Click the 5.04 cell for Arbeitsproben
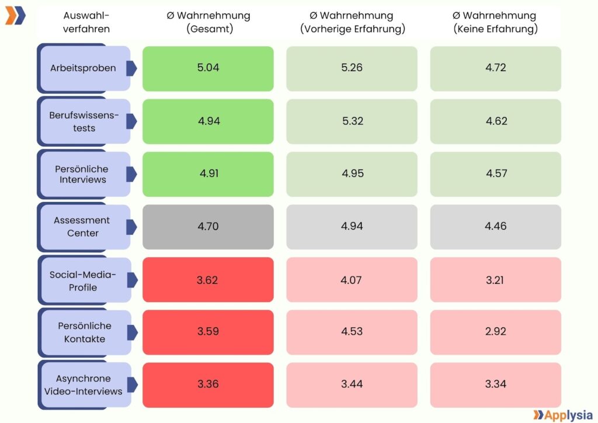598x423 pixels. click(208, 68)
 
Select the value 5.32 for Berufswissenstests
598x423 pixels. click(352, 121)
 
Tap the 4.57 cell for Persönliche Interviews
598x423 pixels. click(496, 174)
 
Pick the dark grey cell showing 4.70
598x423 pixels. click(208, 226)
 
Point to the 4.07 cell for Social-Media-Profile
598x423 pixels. click(352, 279)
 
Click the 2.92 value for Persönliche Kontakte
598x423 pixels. click(496, 331)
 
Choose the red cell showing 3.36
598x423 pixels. click(208, 384)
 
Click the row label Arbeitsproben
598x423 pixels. click(83, 68)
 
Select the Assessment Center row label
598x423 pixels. click(83, 227)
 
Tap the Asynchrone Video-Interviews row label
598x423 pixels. click(83, 385)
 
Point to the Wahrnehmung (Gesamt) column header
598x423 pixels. click(208, 22)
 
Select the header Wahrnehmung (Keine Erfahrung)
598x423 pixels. click(496, 22)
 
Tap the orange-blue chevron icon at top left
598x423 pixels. click(15, 16)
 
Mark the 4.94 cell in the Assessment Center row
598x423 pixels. click(352, 226)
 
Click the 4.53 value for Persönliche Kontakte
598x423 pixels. click(352, 331)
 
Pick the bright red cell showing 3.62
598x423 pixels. click(208, 279)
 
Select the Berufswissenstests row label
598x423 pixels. click(83, 122)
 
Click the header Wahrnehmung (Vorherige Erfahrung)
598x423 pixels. click(352, 22)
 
